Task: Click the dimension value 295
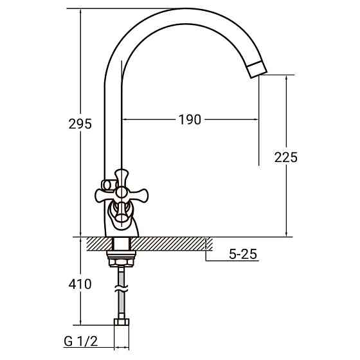point(80,124)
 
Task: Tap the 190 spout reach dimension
point(190,119)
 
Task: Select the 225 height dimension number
point(285,157)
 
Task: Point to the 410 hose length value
point(80,283)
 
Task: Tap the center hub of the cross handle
point(121,192)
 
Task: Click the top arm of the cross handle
point(121,175)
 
